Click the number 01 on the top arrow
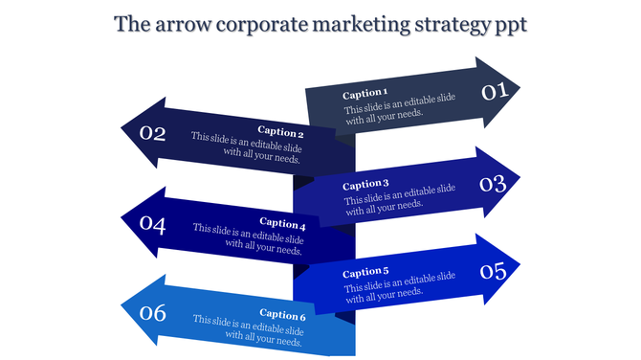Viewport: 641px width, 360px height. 493,92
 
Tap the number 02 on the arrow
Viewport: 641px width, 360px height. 153,133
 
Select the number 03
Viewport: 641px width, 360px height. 493,182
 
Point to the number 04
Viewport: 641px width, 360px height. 153,224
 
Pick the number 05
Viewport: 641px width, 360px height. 493,271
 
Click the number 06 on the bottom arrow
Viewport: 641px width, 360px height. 153,312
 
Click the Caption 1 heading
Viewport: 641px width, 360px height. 365,94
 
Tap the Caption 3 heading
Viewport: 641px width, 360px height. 365,184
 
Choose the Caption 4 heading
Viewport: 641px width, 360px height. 281,223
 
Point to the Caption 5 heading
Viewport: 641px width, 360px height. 365,272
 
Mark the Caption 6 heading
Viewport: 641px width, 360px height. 281,315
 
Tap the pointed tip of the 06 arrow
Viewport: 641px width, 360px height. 122,308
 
